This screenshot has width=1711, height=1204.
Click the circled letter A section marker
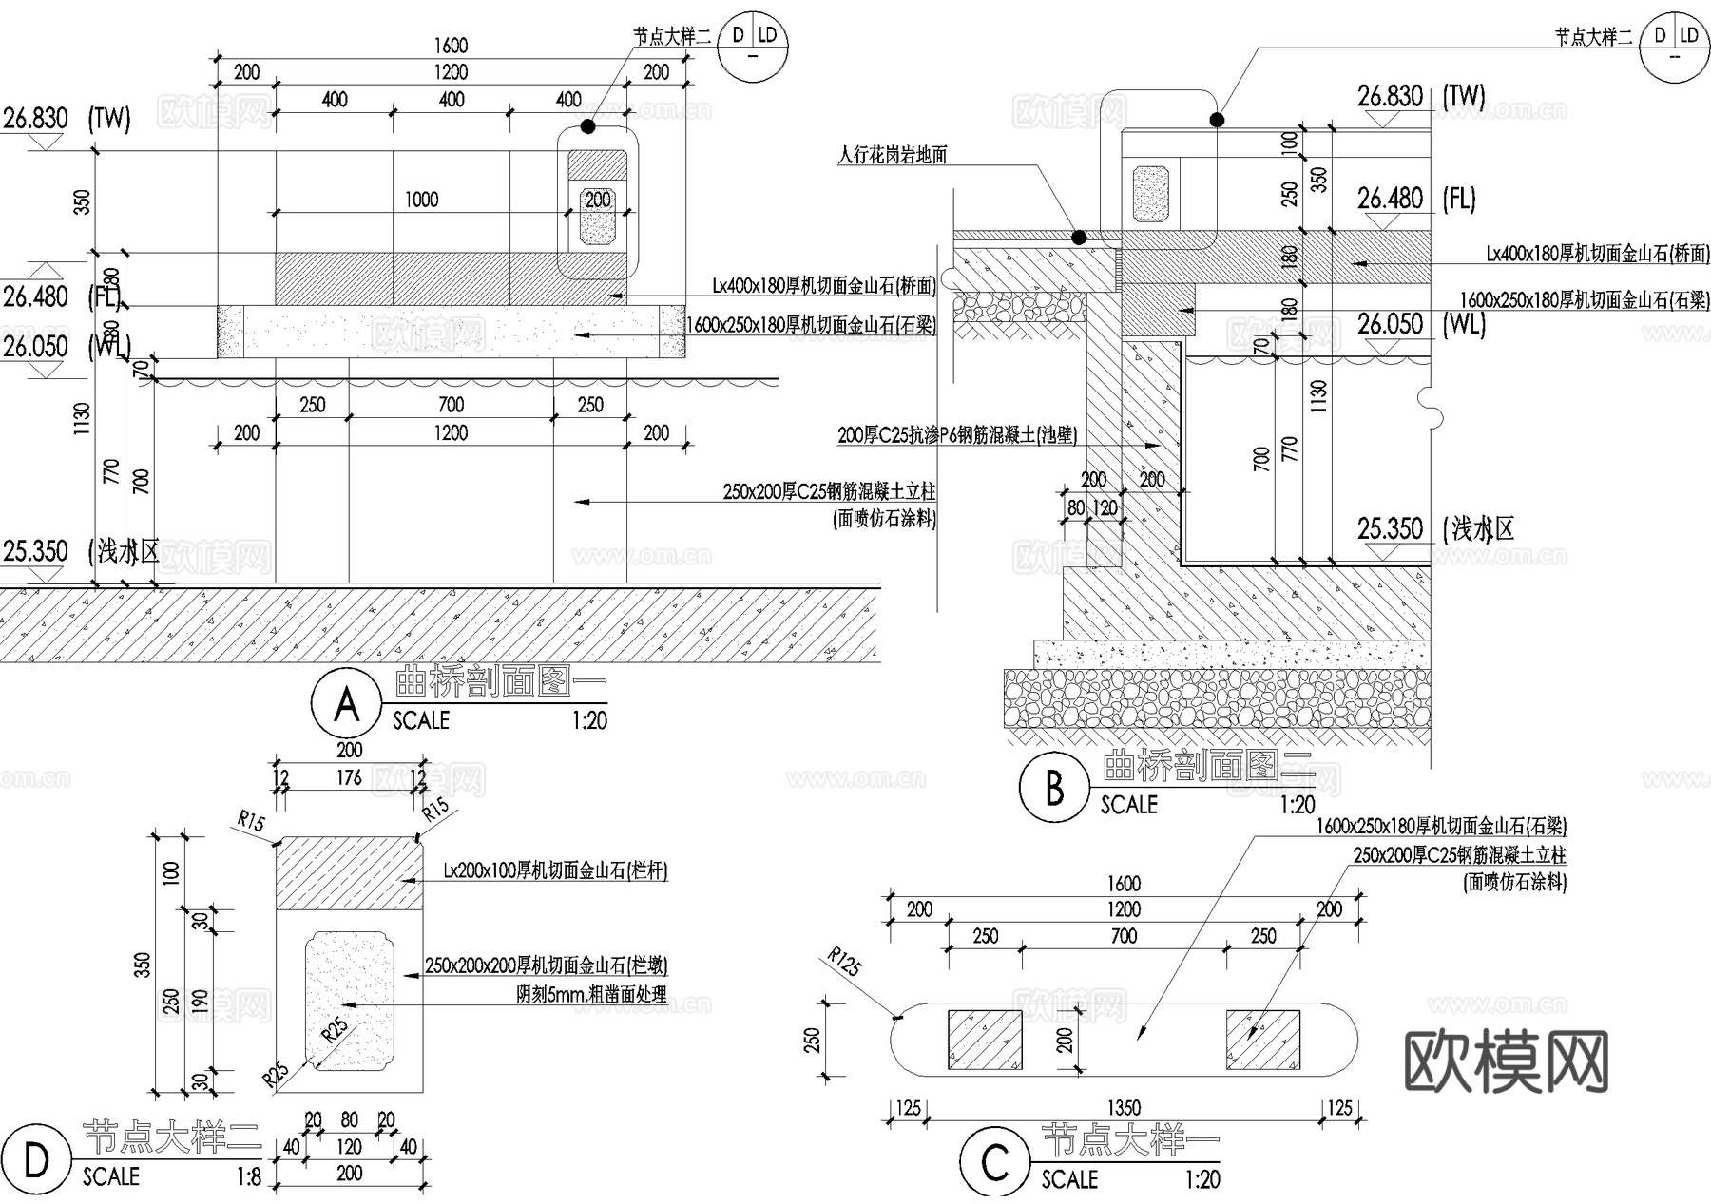[x=346, y=704]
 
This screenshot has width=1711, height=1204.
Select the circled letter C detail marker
[x=994, y=1161]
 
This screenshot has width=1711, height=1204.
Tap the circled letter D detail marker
[x=36, y=1160]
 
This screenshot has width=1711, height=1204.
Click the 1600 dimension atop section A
[x=451, y=46]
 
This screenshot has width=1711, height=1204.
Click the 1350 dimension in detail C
[x=1124, y=1108]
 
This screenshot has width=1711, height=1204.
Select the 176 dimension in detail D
[x=349, y=777]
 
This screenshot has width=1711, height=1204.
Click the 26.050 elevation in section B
[x=1390, y=324]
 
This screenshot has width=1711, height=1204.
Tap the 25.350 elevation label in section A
[x=36, y=551]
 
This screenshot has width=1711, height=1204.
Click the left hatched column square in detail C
[x=984, y=1040]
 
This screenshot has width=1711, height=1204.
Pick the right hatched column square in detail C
[x=1262, y=1040]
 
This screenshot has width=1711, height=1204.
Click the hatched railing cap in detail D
[x=348, y=873]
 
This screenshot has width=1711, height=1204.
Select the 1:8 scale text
[x=248, y=1176]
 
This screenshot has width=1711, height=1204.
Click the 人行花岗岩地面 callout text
[x=892, y=155]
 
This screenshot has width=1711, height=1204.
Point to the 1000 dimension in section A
[x=421, y=200]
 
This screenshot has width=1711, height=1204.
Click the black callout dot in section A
[x=588, y=125]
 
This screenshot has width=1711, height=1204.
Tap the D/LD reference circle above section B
[x=1674, y=46]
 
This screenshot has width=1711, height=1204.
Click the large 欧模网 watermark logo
[x=1507, y=1061]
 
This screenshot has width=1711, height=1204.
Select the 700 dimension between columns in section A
[x=451, y=405]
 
